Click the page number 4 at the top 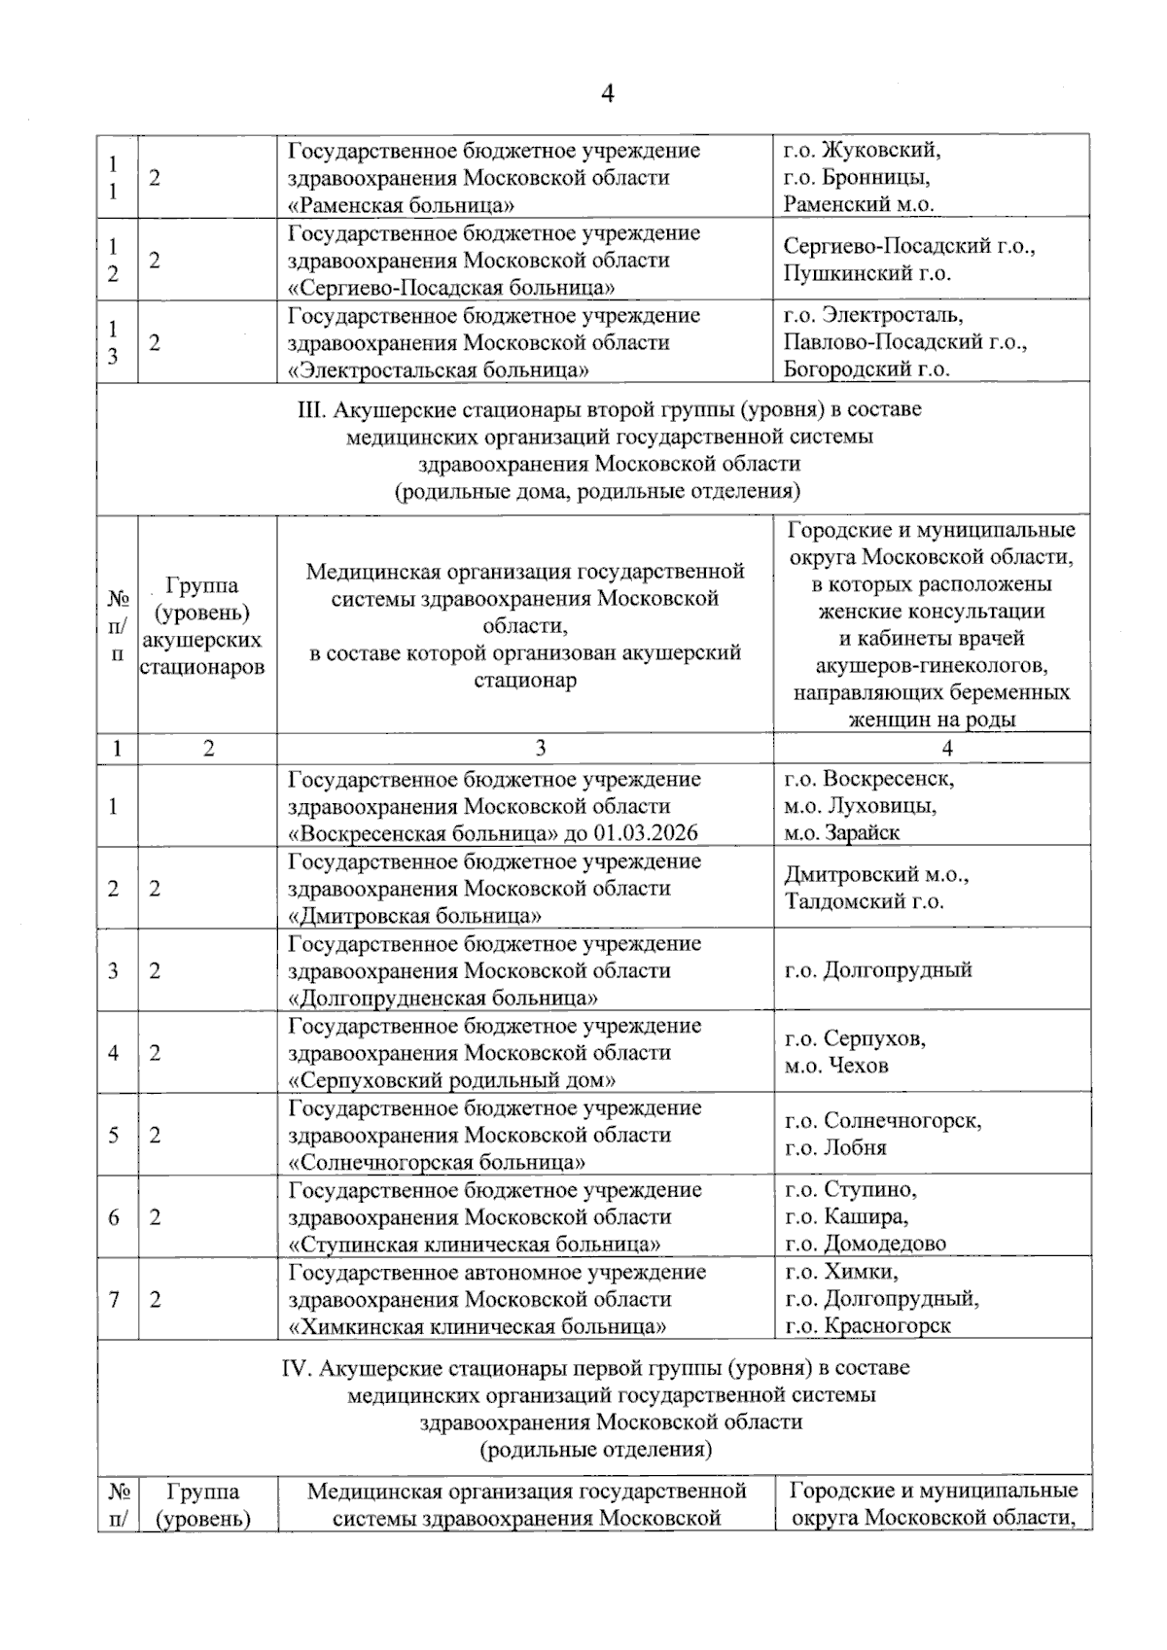608,94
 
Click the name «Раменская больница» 402,205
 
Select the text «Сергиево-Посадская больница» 451,288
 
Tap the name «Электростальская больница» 439,370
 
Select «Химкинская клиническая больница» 477,1327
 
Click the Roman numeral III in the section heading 310,410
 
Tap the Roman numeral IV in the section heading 294,1368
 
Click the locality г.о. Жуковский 862,151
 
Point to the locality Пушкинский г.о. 866,274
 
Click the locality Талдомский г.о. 865,902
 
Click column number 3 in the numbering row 541,748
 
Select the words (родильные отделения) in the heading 595,1450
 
